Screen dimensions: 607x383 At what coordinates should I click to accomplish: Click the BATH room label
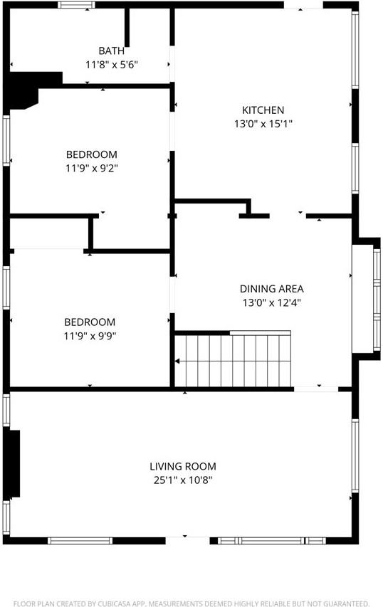(x=111, y=51)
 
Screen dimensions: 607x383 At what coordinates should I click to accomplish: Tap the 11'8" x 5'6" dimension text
(x=111, y=64)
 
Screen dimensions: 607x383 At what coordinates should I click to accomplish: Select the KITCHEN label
(x=263, y=110)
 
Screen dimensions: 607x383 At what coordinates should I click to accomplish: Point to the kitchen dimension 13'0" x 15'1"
(x=263, y=124)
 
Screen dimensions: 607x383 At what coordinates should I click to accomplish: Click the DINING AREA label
(x=271, y=289)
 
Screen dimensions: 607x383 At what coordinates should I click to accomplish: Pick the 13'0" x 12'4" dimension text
(x=271, y=302)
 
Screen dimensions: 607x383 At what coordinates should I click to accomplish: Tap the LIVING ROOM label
(x=182, y=467)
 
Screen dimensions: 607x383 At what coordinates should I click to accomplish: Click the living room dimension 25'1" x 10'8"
(x=182, y=480)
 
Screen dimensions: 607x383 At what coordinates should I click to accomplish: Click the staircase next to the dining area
(x=234, y=359)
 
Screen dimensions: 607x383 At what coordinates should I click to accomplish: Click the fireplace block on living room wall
(x=14, y=463)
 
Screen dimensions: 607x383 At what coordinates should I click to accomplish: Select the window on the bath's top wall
(x=76, y=5)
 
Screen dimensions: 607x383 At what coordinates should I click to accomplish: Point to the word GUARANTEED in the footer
(x=344, y=584)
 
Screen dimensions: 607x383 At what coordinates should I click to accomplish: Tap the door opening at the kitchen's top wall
(x=303, y=6)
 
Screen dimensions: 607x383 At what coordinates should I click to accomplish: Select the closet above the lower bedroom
(x=48, y=233)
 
